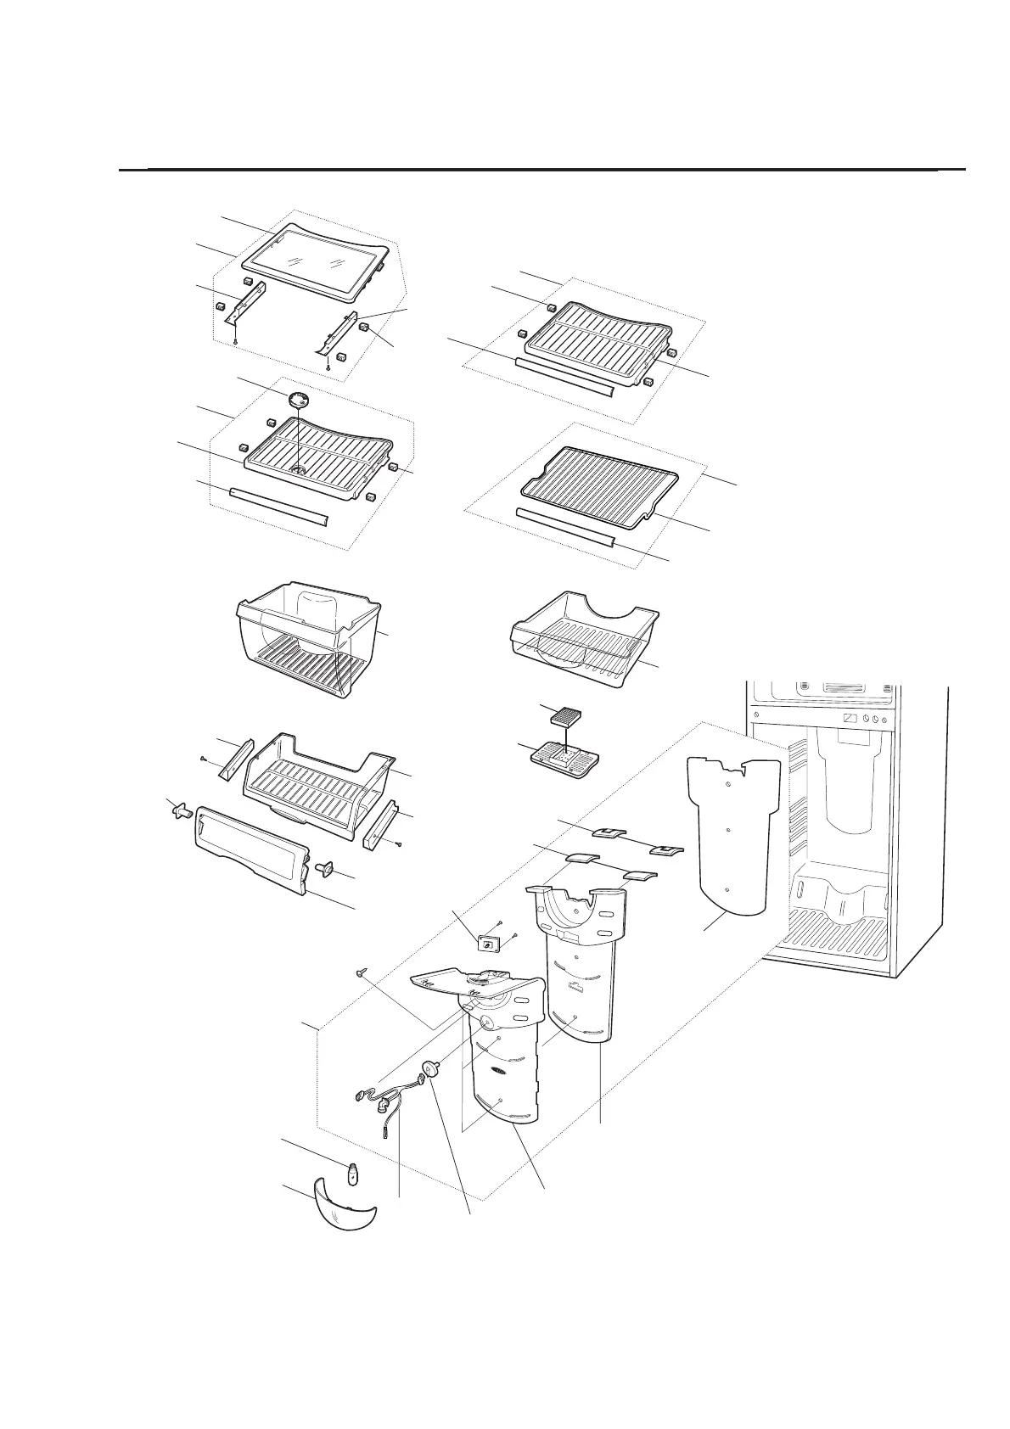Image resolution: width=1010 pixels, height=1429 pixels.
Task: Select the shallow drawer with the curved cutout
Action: coord(586,636)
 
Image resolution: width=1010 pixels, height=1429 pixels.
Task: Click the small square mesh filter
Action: coord(563,717)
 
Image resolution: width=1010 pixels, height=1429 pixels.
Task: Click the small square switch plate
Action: coord(489,944)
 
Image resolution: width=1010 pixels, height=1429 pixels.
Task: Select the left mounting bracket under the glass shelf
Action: coord(247,305)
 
